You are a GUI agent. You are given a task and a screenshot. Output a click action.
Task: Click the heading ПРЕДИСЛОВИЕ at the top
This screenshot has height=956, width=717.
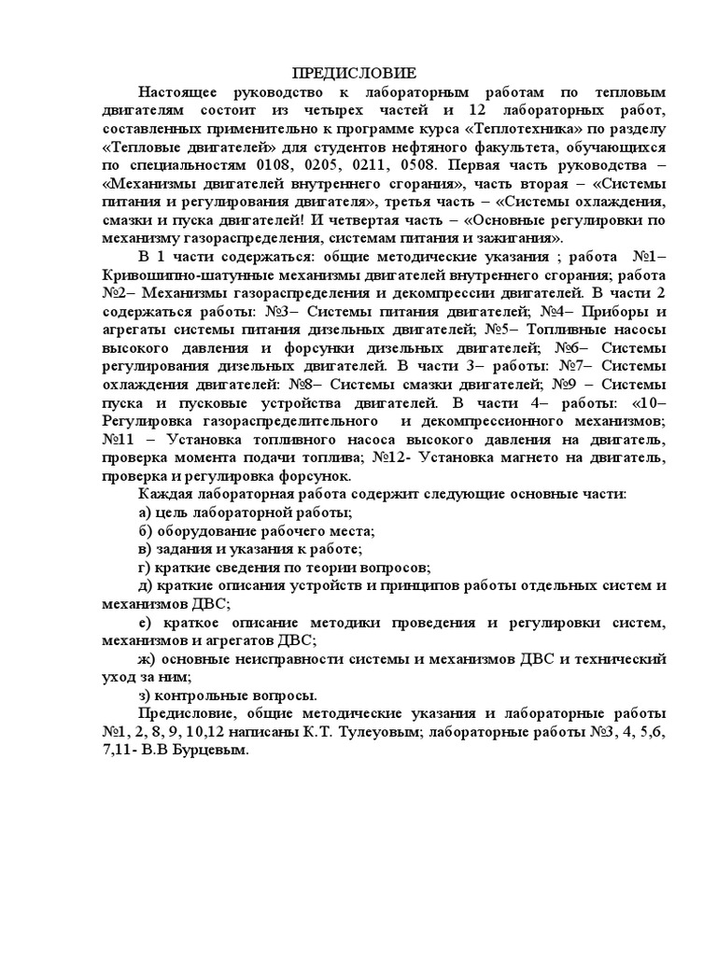[355, 74]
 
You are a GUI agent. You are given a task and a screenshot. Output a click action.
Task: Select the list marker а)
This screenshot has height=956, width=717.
[146, 513]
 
